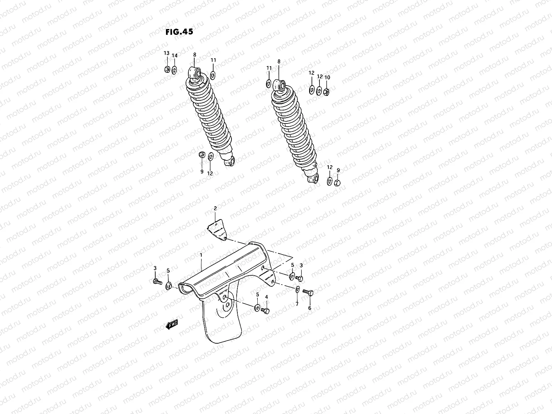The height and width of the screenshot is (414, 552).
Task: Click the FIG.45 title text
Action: point(179,32)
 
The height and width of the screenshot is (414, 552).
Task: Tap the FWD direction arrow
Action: point(171,325)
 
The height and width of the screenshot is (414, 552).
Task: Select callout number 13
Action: point(166,53)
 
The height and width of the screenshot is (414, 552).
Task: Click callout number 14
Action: point(175,56)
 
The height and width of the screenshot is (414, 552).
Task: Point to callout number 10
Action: point(327,77)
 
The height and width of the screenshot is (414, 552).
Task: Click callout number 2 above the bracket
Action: point(215,208)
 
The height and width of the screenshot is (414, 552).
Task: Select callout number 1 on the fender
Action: point(200,255)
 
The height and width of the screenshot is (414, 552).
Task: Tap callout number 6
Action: point(309,308)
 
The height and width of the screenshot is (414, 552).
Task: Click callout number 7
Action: point(297,304)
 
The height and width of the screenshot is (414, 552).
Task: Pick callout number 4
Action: point(266,297)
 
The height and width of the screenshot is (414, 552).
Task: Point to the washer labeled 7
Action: point(297,289)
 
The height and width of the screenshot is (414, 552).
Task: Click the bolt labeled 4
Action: point(265,310)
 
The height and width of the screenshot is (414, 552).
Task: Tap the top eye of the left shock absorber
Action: point(196,73)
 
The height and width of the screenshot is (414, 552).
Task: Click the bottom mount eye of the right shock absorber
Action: point(313,180)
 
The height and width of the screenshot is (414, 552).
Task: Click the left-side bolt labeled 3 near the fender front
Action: point(156,282)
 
